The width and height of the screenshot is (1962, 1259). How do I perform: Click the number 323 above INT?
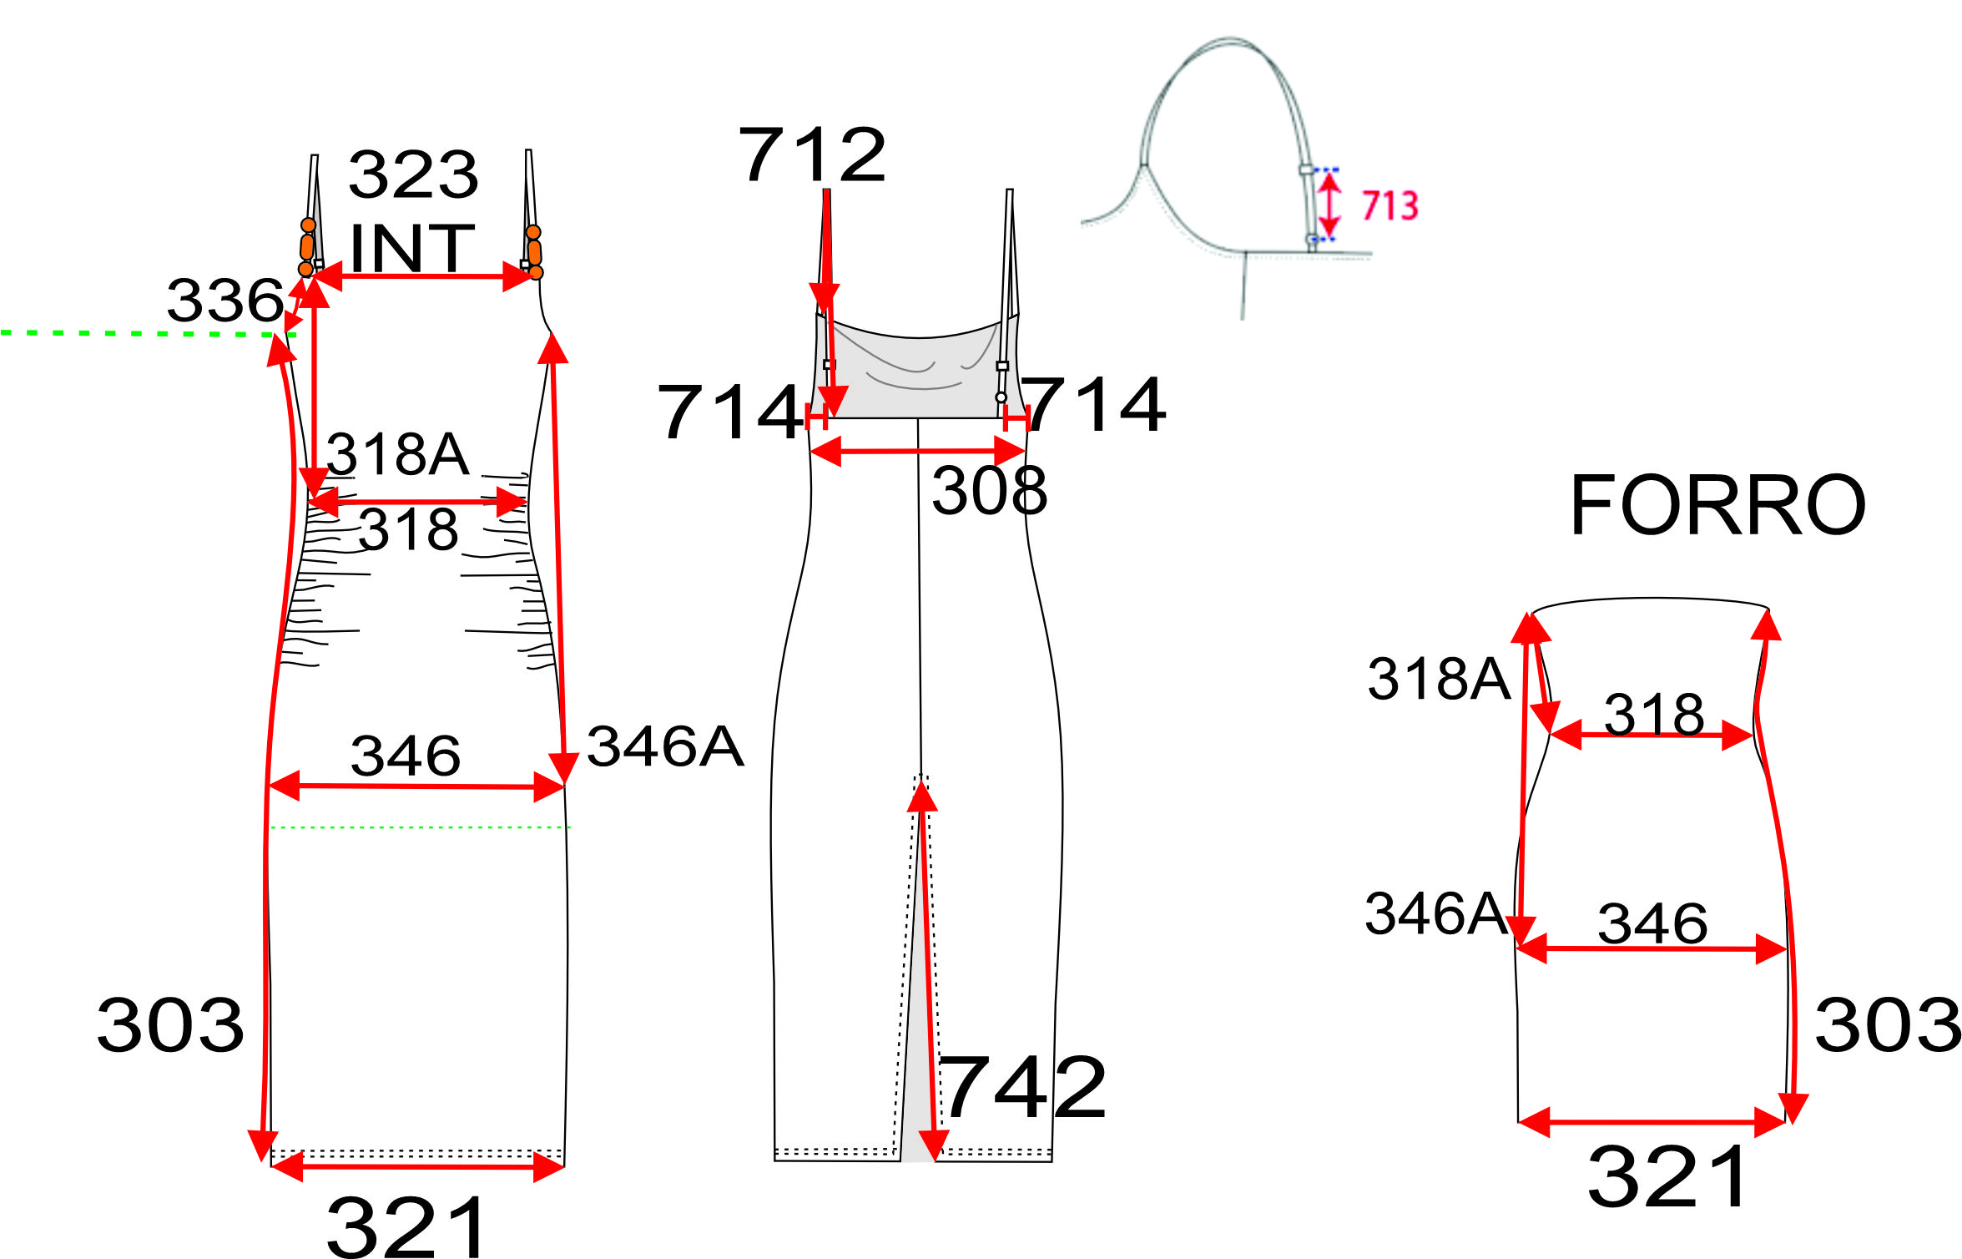click(x=413, y=174)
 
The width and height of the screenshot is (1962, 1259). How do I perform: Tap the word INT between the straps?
click(x=412, y=248)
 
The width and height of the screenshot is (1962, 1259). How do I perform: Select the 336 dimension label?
click(x=225, y=300)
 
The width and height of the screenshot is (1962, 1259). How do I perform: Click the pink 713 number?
click(x=1390, y=205)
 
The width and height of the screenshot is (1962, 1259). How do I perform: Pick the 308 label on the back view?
click(x=989, y=491)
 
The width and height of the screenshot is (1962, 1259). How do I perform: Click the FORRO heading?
click(x=1718, y=505)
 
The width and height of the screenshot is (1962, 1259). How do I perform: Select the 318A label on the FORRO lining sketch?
click(x=1439, y=678)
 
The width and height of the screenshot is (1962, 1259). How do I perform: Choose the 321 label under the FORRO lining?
click(x=1667, y=1177)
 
